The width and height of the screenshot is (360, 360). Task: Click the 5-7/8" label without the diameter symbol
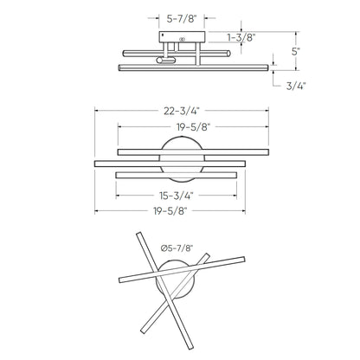coord(180,16)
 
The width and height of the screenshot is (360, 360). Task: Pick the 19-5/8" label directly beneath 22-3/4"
coord(179,126)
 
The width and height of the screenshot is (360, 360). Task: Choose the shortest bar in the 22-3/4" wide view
coord(177,175)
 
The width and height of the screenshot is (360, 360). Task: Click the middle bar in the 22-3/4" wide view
coord(168,163)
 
